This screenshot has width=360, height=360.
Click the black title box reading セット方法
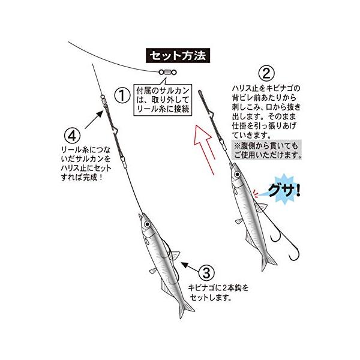coord(178,56)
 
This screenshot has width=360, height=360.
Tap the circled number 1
coord(122,96)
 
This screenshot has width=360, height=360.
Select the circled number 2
coord(266,73)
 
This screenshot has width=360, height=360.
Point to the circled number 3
coord(206,273)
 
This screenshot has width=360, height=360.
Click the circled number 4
coord(72,136)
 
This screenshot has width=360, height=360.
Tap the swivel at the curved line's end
coord(167,73)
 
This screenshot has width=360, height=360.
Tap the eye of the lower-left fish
coord(147,224)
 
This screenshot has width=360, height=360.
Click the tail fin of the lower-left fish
coord(185,309)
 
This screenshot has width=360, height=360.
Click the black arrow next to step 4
coord(94,119)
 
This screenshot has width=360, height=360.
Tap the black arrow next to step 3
coord(190,267)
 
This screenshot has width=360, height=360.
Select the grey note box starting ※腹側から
coord(266,150)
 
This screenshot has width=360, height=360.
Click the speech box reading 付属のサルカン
coord(163,100)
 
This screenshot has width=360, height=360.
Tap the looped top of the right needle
coord(200,92)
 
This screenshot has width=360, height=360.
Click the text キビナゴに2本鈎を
coord(218,287)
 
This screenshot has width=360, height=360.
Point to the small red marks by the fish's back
coord(256,194)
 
